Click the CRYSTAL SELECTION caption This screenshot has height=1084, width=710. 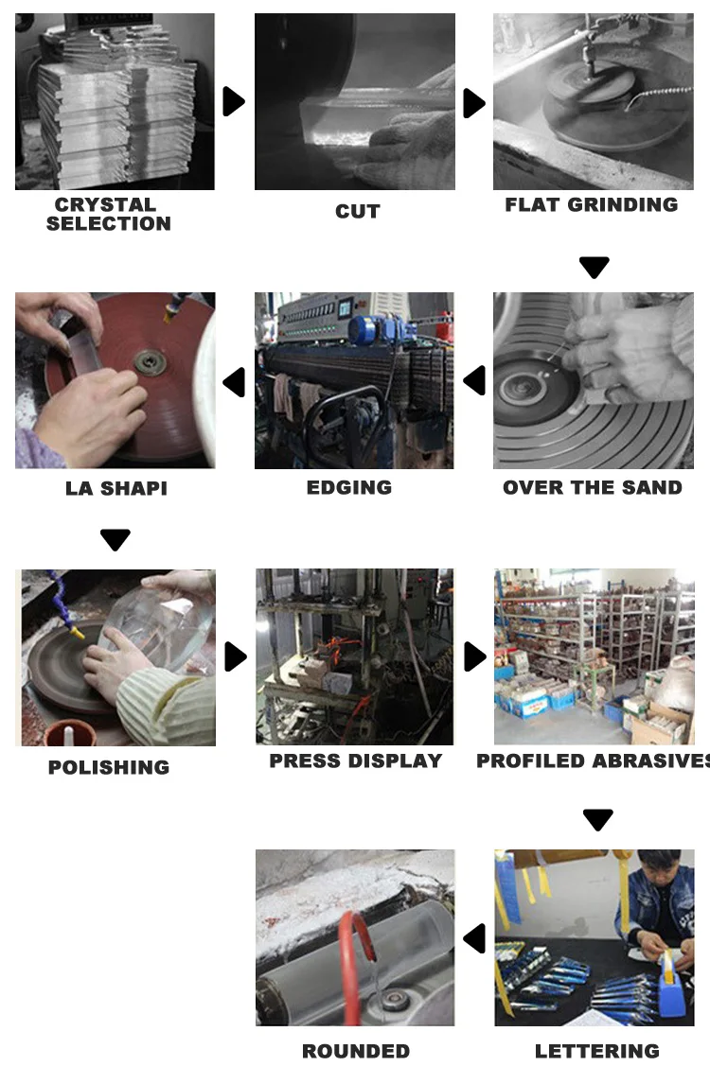[x=109, y=215]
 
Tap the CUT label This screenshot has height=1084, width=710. [x=358, y=212]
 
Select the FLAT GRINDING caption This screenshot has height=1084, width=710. [x=592, y=204]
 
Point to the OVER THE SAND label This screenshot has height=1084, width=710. [x=593, y=487]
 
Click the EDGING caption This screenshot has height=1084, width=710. [x=349, y=487]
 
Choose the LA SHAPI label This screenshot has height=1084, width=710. [x=116, y=488]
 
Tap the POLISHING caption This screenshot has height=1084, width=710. [x=109, y=767]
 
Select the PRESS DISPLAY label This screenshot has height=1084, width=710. [x=356, y=761]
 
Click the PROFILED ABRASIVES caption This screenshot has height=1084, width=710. [x=593, y=761]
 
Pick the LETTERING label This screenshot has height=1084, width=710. [x=597, y=1051]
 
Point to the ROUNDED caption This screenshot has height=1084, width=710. [x=356, y=1051]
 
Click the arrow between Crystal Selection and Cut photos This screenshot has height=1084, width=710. [x=234, y=101]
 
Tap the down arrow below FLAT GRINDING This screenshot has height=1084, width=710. [x=595, y=267]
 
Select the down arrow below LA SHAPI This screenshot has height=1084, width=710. [x=115, y=539]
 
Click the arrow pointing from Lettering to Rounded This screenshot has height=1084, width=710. [x=474, y=938]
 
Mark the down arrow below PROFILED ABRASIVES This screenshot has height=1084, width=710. [x=598, y=819]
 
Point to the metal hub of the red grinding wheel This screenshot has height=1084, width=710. [x=151, y=361]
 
